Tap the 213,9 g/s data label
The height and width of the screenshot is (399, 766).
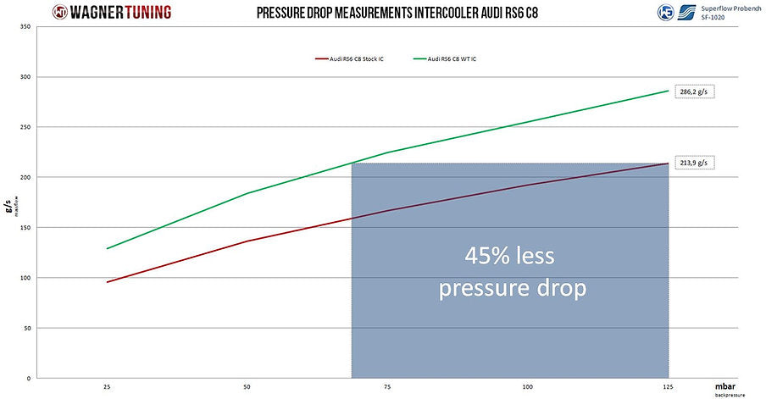[692, 163]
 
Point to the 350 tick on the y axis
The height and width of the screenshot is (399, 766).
[25, 27]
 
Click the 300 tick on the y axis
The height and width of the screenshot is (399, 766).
[25, 77]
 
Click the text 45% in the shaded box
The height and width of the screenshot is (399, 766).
[489, 255]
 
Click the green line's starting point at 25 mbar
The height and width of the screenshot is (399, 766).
[108, 248]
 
